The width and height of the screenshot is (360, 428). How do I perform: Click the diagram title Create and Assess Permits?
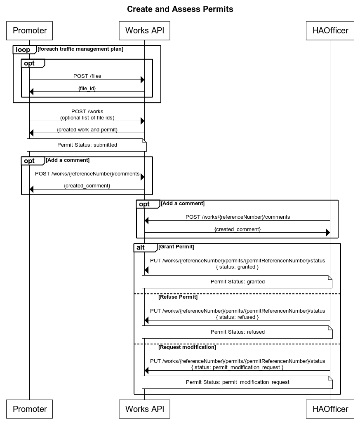tap(180, 9)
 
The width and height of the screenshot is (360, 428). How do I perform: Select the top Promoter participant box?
tap(30, 30)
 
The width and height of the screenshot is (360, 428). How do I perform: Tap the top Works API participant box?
tap(144, 30)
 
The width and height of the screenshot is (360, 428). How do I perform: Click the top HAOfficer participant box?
tap(330, 30)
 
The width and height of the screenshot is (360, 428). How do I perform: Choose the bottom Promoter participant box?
tap(30, 409)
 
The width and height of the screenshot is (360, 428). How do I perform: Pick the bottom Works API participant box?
tap(144, 409)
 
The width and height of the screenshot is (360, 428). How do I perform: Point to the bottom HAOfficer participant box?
tap(330, 409)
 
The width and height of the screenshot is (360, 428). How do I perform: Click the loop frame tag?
tap(23, 50)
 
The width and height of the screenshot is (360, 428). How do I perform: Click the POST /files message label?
tap(87, 76)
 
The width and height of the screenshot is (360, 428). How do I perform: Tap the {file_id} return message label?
tap(87, 88)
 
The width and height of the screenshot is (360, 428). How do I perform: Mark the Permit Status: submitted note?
tap(87, 145)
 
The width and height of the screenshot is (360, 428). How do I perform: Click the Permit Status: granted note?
tap(238, 282)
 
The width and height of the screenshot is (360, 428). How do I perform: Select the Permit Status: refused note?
tap(238, 332)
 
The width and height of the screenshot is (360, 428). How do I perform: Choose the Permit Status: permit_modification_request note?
tap(238, 382)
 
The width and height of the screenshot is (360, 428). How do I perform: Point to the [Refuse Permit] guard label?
tap(178, 297)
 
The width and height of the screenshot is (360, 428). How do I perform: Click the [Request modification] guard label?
tap(187, 347)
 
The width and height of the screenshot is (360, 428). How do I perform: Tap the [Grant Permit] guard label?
tap(176, 247)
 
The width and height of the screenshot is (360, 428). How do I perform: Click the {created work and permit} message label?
tap(87, 130)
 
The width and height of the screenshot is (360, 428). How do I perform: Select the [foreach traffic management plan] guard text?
tap(80, 49)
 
